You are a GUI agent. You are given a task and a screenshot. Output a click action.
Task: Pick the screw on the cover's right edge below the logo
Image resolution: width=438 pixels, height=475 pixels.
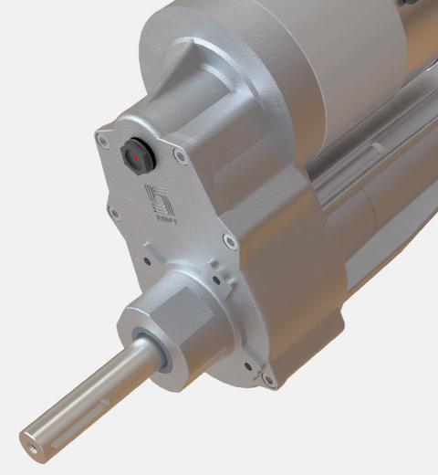229,242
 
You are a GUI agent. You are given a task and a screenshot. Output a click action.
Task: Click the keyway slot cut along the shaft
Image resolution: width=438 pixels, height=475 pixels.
100,400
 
